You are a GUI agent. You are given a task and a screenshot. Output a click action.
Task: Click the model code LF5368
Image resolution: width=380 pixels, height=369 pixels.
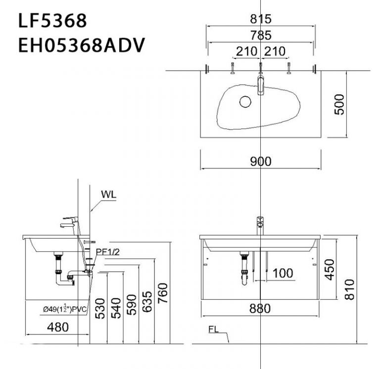[52, 21]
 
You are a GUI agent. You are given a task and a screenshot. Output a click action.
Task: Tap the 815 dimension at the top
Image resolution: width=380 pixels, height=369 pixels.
[260, 19]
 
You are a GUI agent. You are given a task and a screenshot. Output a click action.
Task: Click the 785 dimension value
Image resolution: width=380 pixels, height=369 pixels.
[260, 35]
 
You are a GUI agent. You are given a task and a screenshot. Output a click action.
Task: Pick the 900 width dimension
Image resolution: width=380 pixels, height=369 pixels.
[260, 162]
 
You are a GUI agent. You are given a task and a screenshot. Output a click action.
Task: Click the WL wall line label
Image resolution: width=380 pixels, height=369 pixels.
[108, 194]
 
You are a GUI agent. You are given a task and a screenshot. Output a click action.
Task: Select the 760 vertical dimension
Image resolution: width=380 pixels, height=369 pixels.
[163, 294]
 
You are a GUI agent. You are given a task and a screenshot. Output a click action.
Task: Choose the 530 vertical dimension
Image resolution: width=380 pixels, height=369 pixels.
[100, 308]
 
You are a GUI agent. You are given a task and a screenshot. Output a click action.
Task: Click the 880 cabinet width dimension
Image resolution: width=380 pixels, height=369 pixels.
[260, 309]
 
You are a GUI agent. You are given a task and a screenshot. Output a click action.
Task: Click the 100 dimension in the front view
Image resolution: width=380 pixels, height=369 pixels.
[283, 273]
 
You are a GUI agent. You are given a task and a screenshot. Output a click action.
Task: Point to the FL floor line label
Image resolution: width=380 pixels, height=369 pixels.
[214, 327]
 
